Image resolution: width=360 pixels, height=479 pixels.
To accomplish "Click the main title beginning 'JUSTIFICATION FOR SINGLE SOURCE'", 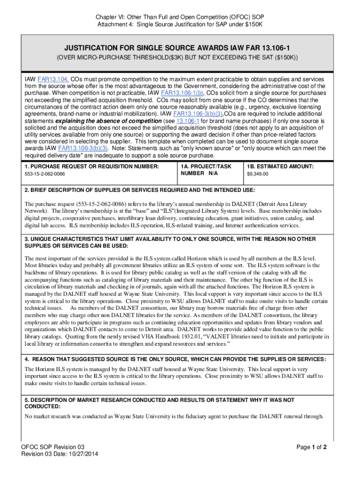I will pos(180,48).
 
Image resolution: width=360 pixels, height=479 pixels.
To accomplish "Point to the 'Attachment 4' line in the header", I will pos(180,24).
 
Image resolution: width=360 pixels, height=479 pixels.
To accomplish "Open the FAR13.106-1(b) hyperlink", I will pos(182,93).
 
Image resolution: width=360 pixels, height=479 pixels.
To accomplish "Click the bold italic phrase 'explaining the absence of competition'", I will pos(108,121).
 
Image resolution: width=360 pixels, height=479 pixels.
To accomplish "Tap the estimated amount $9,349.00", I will pos(258,174).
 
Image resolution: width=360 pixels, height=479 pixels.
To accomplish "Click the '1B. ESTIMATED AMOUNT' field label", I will pos(280,167).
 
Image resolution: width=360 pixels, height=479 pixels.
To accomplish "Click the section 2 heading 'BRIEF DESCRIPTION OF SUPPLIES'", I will pos(140,190).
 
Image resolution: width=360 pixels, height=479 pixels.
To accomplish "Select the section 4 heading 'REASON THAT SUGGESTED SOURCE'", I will pos(175,359).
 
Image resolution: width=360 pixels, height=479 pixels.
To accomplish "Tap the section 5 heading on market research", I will pos(159,400).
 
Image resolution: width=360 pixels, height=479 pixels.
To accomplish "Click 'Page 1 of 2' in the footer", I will pos(311,447).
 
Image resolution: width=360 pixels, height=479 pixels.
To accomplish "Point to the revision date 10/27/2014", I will pos(81,454).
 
